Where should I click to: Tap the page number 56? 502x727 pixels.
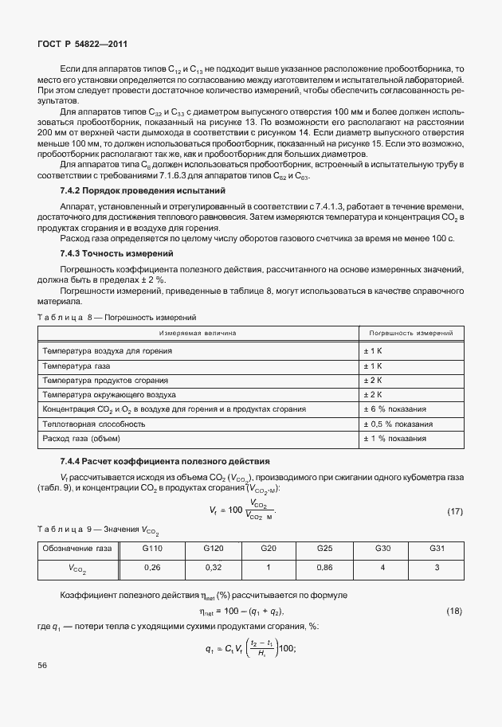[42, 665]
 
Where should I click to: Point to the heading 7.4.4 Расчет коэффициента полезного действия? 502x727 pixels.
[154, 462]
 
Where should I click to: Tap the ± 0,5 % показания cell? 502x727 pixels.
[402, 424]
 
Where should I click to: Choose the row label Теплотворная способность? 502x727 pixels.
[93, 424]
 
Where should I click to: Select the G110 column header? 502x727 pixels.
[152, 549]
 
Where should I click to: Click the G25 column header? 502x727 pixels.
[324, 549]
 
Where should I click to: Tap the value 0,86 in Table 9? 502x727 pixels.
[324, 569]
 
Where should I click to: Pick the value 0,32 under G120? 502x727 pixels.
[213, 569]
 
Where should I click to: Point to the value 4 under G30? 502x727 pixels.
[382, 569]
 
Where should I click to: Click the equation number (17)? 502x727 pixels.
[454, 511]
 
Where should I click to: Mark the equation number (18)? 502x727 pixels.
[454, 610]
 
